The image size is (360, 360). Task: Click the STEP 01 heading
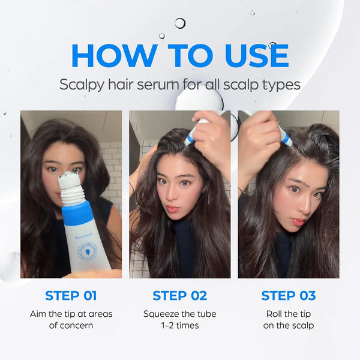71,295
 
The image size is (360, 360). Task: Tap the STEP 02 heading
179,295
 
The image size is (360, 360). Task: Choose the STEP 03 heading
289,295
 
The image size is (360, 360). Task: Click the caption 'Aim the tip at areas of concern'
71,320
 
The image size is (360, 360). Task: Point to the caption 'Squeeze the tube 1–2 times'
179,320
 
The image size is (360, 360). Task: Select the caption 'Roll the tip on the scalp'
289,320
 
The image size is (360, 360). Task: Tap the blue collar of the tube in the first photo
77,211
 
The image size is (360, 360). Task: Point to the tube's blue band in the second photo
190,139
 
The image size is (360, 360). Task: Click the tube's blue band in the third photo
287,139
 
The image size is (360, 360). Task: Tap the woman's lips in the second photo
172,209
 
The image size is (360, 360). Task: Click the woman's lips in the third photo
298,221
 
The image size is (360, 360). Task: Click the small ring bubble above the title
180,23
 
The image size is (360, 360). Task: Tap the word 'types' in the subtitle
282,84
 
